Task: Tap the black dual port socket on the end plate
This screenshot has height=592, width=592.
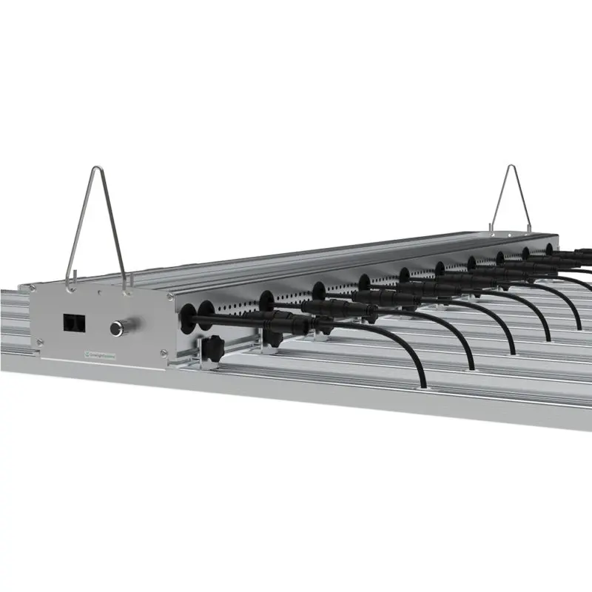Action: (x=73, y=323)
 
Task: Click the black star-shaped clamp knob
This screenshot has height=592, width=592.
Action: (x=213, y=346)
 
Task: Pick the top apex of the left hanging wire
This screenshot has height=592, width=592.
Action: (x=95, y=169)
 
